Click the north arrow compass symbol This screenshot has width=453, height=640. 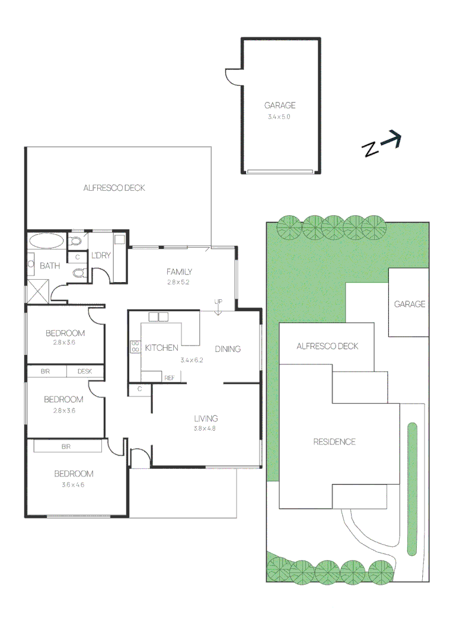pos(382,144)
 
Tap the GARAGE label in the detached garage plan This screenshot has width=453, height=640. pos(280,105)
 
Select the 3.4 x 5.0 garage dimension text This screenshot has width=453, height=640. pos(279,117)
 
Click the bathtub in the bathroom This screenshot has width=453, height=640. pos(46,241)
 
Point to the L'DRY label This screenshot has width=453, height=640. pos(101,255)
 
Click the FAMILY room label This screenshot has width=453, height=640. pos(178,272)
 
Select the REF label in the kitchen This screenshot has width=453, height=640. pos(169,377)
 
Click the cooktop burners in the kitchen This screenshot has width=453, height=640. pos(135,347)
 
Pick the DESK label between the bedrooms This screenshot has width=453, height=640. pos(84,372)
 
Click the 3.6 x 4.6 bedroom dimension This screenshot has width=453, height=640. pos(74,485)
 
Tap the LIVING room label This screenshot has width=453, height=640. pos(206,418)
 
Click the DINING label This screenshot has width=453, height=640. pos(228,349)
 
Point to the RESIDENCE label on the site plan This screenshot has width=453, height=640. pos(334,441)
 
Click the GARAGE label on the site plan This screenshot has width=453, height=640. pos(410,304)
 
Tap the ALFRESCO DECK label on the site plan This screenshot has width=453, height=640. pos(327,346)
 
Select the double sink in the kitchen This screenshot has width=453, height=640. pos(159,316)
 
